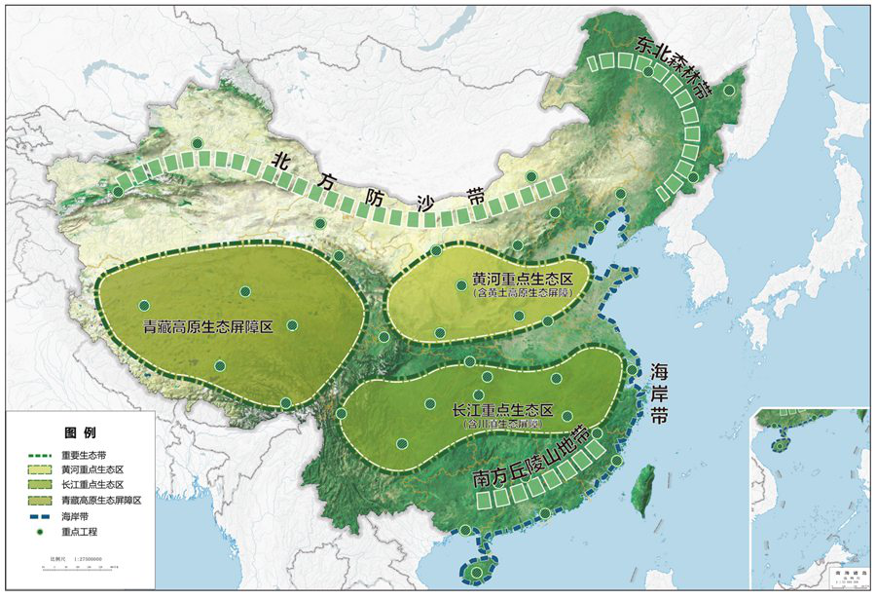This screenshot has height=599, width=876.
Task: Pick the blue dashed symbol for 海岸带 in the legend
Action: click(38, 516)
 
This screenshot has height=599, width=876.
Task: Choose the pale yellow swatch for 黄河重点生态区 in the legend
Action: click(38, 469)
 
